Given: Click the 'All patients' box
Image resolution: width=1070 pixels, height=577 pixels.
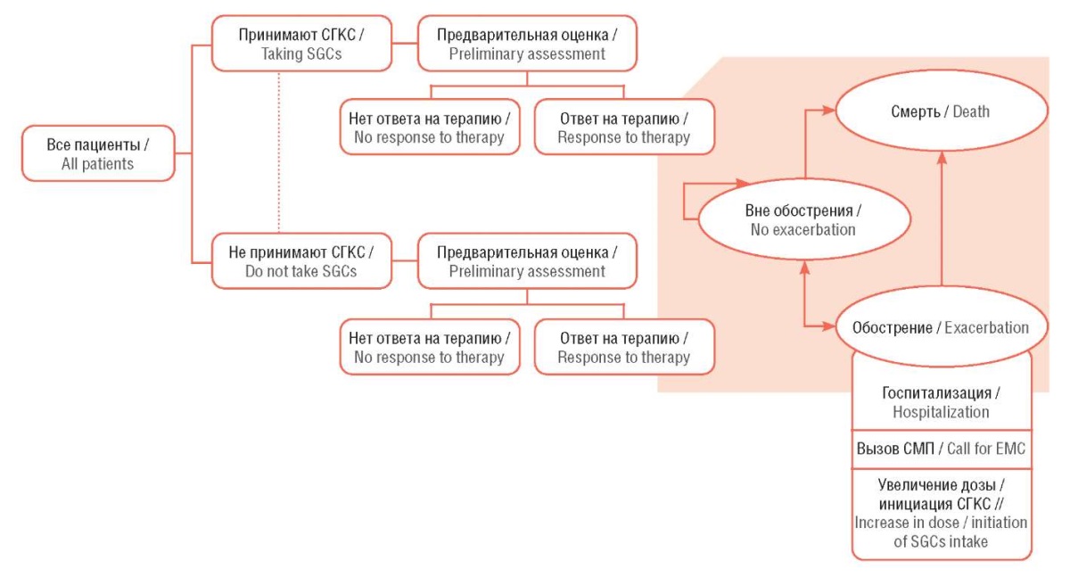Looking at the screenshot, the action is pos(98,153).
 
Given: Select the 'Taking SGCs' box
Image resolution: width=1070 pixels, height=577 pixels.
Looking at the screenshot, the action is pos(301,44).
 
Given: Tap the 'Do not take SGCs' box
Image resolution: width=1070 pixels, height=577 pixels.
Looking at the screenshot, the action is pos(301,261).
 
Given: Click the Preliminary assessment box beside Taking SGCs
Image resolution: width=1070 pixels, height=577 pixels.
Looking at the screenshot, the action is pos(527,44).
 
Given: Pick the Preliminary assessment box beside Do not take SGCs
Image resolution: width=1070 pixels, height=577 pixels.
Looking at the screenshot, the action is pos(527,261).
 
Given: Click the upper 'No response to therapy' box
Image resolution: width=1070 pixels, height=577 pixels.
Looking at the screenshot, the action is pos(430,127).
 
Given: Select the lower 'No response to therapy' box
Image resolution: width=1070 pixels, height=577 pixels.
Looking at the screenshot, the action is pos(430,347).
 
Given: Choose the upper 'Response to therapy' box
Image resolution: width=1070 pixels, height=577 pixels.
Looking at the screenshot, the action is pos(624,127).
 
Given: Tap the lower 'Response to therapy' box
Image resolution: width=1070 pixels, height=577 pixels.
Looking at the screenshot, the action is pos(624,347).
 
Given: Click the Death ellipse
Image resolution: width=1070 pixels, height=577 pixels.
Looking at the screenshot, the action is pos(941,111).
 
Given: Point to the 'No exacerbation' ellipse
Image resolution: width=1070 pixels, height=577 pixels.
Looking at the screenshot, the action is pos(804,219).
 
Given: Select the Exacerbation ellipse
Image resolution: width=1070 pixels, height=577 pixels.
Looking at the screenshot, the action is pos(941,327).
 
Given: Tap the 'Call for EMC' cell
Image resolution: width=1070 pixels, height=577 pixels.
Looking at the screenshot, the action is pos(942,449).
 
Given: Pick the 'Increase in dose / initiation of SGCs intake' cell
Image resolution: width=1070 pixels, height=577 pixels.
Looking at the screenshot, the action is pos(942,514).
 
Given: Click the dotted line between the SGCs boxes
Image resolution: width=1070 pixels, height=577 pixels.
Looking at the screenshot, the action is pos(279,152).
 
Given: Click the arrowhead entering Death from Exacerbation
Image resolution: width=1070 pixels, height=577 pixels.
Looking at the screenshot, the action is pos(942,158).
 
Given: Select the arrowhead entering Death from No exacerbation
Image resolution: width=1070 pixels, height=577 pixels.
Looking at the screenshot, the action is pos(828,111).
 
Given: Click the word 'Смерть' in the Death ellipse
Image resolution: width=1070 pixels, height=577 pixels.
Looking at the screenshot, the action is pos(915,111).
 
